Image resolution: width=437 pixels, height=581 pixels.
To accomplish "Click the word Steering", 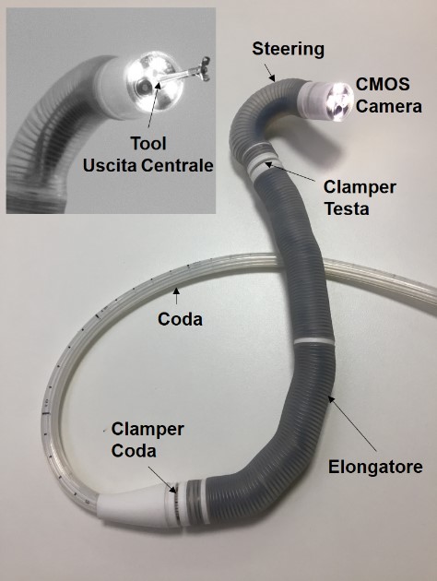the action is pyautogui.click(x=289, y=49).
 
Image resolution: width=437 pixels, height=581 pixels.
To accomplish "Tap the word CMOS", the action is pyautogui.click(x=383, y=84).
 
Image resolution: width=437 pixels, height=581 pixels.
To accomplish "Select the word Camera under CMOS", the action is pyautogui.click(x=389, y=106).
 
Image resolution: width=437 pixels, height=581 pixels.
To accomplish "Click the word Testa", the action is pyautogui.click(x=347, y=209).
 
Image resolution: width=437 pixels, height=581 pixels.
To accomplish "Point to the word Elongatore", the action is pyautogui.click(x=375, y=467).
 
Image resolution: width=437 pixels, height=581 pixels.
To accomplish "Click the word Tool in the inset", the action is pyautogui.click(x=148, y=143).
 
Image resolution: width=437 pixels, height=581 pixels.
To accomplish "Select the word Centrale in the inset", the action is pyautogui.click(x=177, y=166).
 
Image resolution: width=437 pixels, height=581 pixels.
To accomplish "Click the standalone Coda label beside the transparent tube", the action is pyautogui.click(x=180, y=319).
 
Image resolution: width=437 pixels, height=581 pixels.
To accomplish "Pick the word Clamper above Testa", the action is pyautogui.click(x=360, y=187).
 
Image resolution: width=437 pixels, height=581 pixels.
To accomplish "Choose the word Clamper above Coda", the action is pyautogui.click(x=148, y=430).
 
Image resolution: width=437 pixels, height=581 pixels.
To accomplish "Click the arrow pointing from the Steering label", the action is pyautogui.click(x=269, y=72).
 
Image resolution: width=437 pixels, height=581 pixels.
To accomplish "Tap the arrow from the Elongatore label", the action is pyautogui.click(x=352, y=423).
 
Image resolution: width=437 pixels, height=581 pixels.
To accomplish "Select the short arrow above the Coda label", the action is pyautogui.click(x=176, y=295).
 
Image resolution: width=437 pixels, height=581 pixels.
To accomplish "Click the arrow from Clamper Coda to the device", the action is pyautogui.click(x=162, y=480).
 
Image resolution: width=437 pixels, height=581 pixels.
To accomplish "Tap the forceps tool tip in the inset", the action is pyautogui.click(x=204, y=68).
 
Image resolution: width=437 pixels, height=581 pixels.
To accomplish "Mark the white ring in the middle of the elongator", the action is pyautogui.click(x=313, y=341).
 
